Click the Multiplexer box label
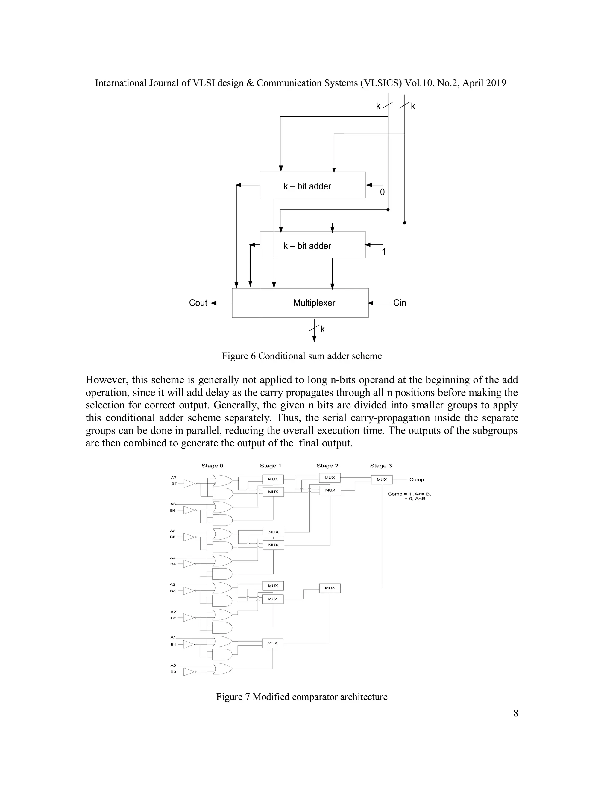[314, 303]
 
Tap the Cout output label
[198, 303]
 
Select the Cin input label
[400, 303]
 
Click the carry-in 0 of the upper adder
[382, 192]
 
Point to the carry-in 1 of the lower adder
[383, 252]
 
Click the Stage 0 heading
[213, 466]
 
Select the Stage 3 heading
[381, 466]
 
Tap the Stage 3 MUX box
[382, 480]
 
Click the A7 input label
[174, 478]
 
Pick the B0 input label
[173, 672]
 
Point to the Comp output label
[417, 480]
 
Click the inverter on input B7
[189, 484]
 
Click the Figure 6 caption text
[302, 356]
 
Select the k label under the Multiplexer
[322, 329]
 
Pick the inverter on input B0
[189, 672]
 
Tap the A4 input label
[173, 558]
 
